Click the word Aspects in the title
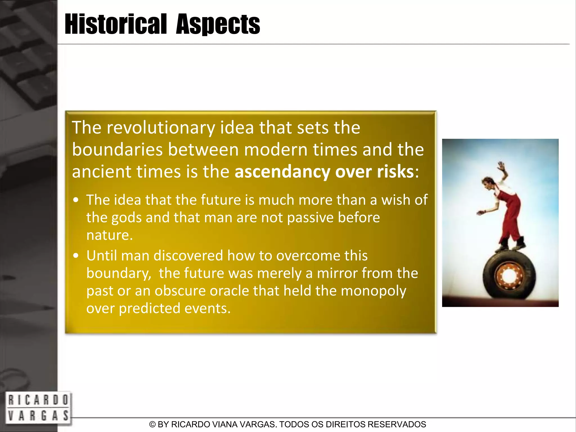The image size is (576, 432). [x=218, y=25]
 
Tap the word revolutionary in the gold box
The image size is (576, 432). [x=161, y=128]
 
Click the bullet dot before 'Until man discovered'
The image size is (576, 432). [x=76, y=256]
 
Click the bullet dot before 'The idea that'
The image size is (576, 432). [x=76, y=201]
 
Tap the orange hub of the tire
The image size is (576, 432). [x=508, y=276]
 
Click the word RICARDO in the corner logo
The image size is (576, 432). [x=38, y=400]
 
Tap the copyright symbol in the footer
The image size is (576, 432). [x=152, y=424]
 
